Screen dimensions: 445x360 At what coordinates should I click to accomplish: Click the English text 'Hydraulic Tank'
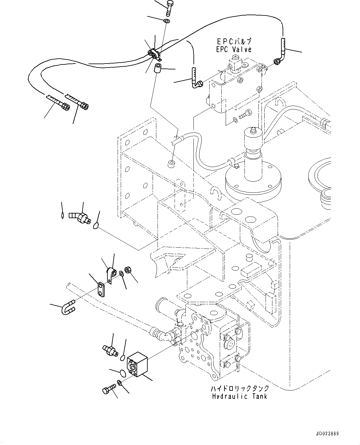point(239,396)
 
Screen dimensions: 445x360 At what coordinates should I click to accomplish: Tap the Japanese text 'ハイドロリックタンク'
point(239,389)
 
